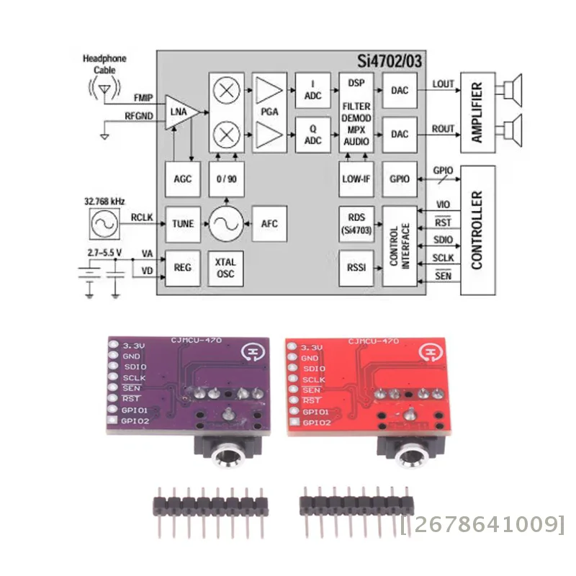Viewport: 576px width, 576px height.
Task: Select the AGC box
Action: (183, 179)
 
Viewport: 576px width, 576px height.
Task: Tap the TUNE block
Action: (183, 224)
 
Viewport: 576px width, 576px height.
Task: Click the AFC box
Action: (269, 224)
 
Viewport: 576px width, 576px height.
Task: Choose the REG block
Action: (183, 267)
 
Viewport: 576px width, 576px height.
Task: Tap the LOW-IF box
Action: (356, 179)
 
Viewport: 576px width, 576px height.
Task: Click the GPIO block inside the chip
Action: (399, 179)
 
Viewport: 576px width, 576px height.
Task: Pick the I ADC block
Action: (312, 89)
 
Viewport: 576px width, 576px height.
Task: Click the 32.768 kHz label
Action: (103, 202)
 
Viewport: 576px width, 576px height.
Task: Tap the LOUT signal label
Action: (443, 84)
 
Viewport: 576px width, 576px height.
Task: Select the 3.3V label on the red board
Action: (311, 346)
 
